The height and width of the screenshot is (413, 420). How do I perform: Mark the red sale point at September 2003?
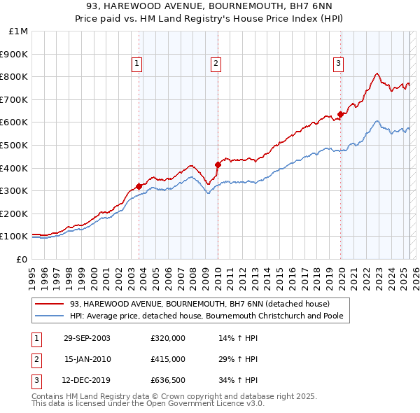139,186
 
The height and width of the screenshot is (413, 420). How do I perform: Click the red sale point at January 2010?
218,164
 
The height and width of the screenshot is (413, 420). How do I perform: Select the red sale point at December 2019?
341,114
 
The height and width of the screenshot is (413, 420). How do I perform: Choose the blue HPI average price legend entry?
210,316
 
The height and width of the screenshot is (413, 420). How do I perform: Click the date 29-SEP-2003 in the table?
87,338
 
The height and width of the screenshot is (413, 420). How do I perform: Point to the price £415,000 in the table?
167,359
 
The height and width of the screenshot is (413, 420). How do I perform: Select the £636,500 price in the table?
167,380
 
